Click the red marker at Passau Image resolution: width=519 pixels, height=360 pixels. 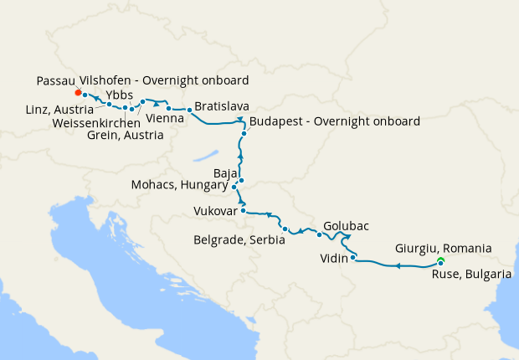[78, 93]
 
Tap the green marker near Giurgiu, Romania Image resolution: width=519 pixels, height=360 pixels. [440, 262]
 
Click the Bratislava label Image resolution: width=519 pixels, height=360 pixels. [224, 107]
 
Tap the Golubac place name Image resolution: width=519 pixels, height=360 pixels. [346, 226]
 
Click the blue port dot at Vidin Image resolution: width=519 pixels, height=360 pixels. [353, 258]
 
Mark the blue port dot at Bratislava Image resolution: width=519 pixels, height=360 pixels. [189, 110]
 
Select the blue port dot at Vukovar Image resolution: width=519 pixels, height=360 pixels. [243, 211]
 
